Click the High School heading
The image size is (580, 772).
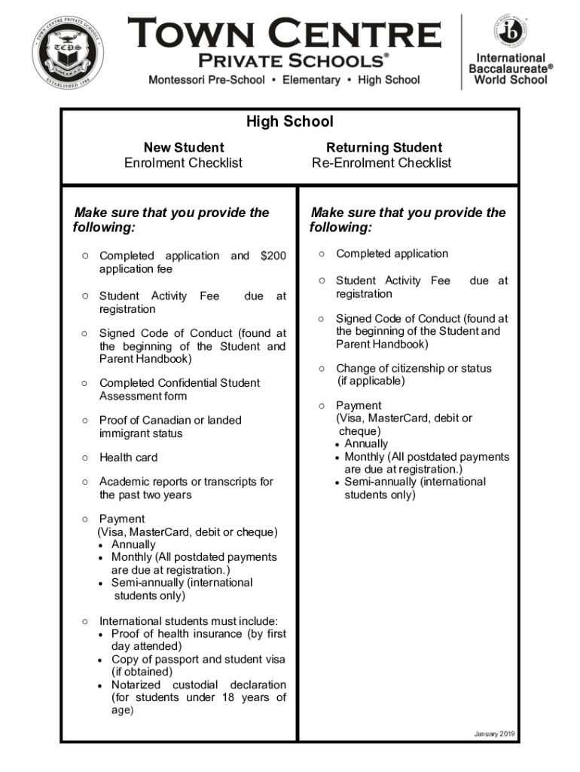click(289, 122)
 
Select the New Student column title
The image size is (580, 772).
click(184, 147)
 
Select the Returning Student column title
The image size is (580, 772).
click(384, 147)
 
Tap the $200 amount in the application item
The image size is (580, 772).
click(273, 256)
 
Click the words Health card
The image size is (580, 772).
click(129, 458)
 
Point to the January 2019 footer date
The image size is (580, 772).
click(495, 734)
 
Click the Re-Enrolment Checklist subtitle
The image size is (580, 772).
click(382, 163)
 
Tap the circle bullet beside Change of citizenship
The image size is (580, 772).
click(322, 369)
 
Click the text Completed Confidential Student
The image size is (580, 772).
click(179, 383)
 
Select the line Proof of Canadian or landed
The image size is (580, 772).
click(170, 420)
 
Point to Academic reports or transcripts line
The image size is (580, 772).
click(186, 482)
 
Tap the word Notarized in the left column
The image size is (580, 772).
click(136, 685)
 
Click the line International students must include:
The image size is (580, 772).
click(188, 621)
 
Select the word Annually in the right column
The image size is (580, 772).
click(366, 444)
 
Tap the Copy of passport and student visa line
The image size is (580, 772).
click(198, 660)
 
